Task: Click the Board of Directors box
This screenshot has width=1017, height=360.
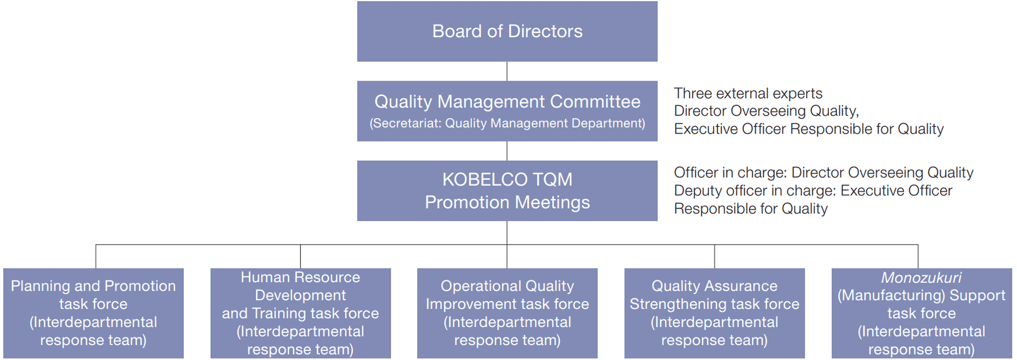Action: [x=507, y=31]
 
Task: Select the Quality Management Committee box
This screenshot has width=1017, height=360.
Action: [x=507, y=111]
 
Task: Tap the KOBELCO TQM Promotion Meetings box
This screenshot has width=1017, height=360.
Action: [x=507, y=191]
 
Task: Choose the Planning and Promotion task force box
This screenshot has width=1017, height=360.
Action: [x=93, y=313]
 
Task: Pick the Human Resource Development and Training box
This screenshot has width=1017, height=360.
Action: [x=300, y=313]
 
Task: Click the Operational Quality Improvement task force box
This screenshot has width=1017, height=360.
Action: [x=507, y=313]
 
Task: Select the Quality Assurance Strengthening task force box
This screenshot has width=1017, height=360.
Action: [x=714, y=313]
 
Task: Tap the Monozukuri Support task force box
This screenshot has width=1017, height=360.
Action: [x=922, y=313]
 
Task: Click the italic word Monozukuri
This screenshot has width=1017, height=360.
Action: [x=921, y=278]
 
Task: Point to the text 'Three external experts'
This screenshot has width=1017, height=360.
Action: [x=748, y=93]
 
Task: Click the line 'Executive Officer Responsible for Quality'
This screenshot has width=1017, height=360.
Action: [x=809, y=129]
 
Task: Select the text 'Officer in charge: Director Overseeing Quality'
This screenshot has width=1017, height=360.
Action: [x=824, y=173]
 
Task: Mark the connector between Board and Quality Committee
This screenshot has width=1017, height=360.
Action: [x=507, y=71]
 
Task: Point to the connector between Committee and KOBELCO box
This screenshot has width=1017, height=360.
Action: [x=507, y=151]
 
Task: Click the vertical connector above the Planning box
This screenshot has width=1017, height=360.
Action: [x=96, y=256]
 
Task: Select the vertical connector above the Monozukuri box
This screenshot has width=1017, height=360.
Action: [x=918, y=256]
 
